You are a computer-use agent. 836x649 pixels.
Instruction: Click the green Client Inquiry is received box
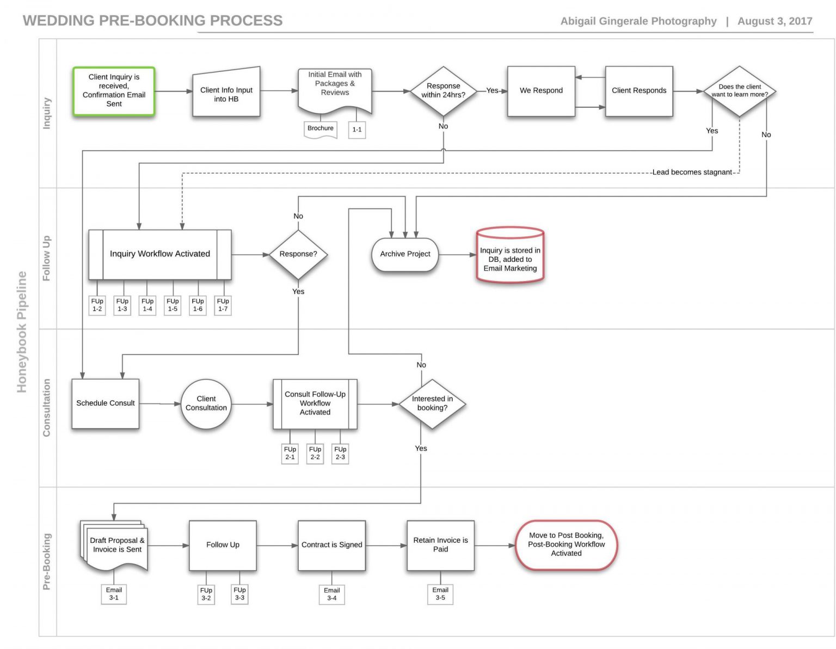pos(114,91)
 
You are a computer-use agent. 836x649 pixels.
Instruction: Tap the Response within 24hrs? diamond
pos(443,90)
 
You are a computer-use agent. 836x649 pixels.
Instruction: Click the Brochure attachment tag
pos(320,128)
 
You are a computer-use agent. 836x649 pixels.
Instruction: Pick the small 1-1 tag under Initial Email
pos(356,130)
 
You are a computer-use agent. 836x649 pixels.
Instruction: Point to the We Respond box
pos(540,91)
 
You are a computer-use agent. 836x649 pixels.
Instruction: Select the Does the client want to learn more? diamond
pos(739,91)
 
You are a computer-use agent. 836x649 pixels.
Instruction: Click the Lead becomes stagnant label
pos(692,172)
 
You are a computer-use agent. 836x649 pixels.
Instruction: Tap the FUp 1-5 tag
pos(173,305)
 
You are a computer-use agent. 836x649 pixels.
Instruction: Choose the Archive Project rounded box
pos(405,254)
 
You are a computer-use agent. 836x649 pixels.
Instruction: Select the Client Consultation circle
pos(206,403)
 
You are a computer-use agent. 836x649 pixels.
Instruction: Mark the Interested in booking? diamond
pos(432,403)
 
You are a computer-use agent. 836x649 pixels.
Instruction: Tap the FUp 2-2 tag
pos(315,453)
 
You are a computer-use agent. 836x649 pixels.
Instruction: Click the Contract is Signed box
pos(331,545)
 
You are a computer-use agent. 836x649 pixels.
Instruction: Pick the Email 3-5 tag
pos(440,594)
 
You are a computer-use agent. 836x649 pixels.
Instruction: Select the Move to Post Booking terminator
pos(566,544)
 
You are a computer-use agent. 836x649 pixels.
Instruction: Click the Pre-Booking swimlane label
pos(47,561)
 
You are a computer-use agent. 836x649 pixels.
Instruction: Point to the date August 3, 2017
pos(774,21)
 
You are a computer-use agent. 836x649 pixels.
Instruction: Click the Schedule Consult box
pos(105,403)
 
